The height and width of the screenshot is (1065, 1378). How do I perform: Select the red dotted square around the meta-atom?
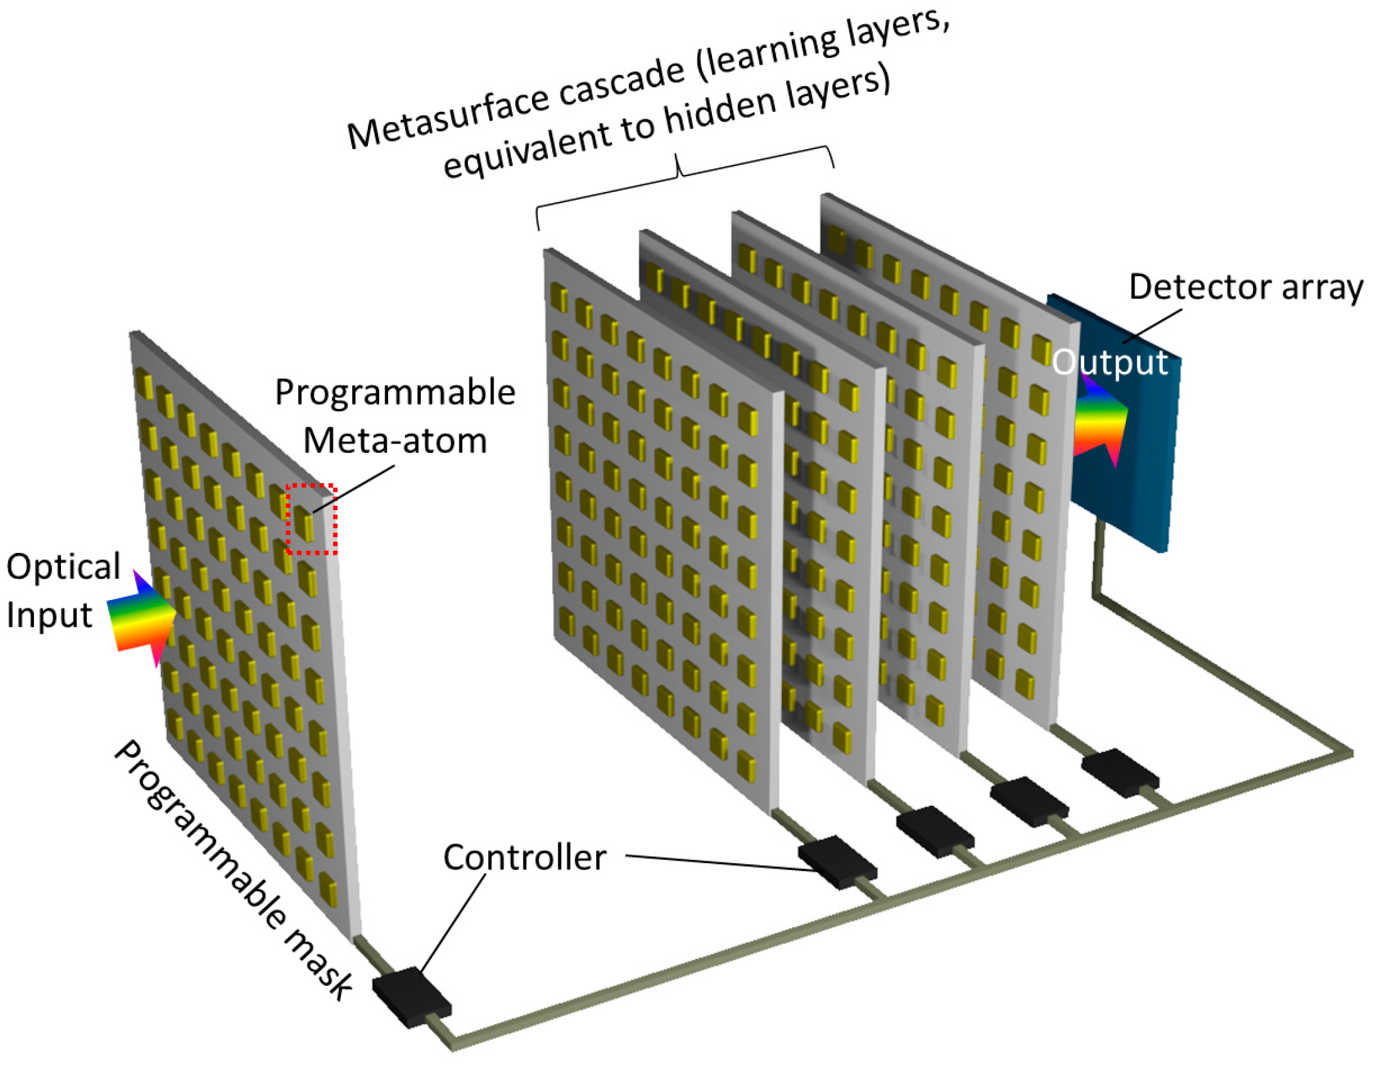(x=312, y=519)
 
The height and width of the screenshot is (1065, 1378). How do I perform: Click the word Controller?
(x=525, y=858)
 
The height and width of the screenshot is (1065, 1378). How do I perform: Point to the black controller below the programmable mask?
(x=412, y=996)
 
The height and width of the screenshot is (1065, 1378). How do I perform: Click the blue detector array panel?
(x=1136, y=479)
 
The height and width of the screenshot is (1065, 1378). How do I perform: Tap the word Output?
(x=1110, y=363)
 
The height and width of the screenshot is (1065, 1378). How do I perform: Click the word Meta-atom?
(x=395, y=441)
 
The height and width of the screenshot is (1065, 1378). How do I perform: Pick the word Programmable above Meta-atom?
(x=395, y=393)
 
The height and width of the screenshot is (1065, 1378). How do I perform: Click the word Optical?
(x=63, y=567)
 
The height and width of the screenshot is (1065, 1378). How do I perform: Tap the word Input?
(x=49, y=615)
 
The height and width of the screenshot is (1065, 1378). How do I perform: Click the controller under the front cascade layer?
(x=837, y=861)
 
